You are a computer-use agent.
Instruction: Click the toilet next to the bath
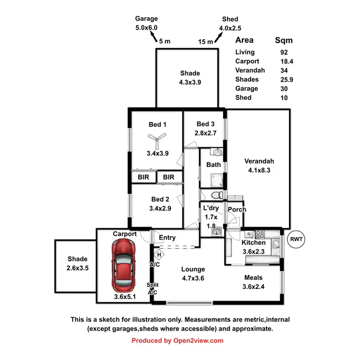[x=217, y=194]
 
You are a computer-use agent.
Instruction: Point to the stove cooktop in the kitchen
[x=260, y=235]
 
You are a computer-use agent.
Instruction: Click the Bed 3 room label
[x=206, y=124]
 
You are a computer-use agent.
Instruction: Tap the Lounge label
[x=193, y=269]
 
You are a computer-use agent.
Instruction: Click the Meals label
[x=253, y=277]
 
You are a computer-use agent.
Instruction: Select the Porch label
[x=237, y=209]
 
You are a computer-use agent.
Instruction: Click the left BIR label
[x=144, y=177]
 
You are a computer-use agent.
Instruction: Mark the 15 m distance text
[x=205, y=42]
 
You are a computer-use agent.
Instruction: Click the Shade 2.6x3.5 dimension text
[x=77, y=267]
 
